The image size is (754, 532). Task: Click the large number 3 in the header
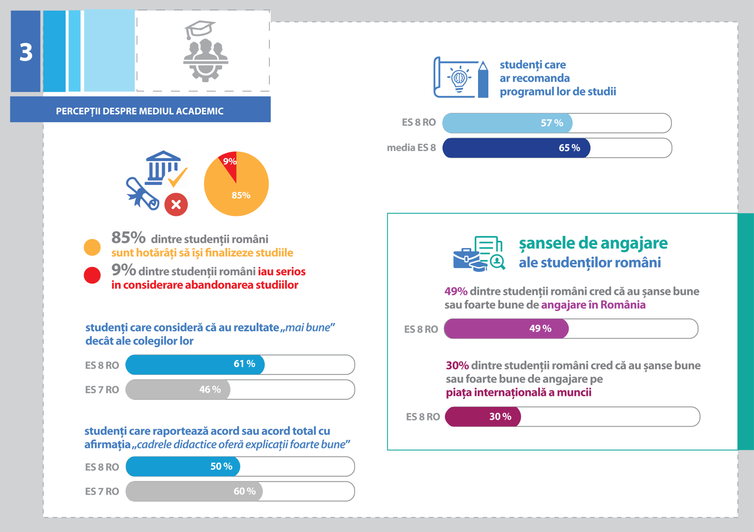(26, 52)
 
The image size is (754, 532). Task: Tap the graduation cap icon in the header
(200, 29)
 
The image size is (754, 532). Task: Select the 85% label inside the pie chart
(241, 196)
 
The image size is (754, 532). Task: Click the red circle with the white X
(176, 205)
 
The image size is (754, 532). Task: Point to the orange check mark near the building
(178, 177)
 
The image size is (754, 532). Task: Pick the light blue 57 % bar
(507, 123)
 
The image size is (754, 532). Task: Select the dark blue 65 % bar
(516, 148)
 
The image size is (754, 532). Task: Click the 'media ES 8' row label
(411, 148)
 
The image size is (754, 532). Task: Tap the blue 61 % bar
(195, 364)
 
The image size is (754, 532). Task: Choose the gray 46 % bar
(178, 390)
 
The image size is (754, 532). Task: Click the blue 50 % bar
(183, 466)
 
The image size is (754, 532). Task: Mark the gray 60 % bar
(194, 491)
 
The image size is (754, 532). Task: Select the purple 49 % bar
(506, 329)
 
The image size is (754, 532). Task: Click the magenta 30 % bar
(483, 416)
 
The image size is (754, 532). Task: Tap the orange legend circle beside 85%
(92, 247)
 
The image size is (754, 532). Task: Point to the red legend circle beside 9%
(92, 275)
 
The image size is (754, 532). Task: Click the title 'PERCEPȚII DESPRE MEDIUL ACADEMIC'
(140, 111)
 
